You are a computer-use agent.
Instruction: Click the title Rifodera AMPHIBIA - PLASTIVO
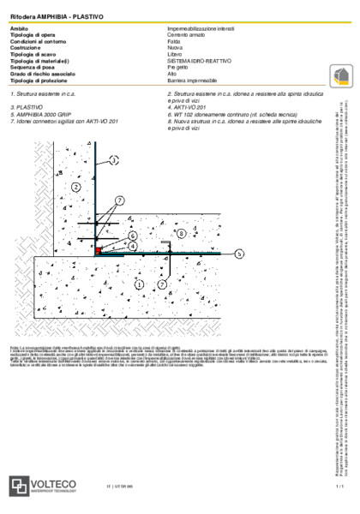click(48, 16)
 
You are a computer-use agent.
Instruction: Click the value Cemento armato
click(188, 34)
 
